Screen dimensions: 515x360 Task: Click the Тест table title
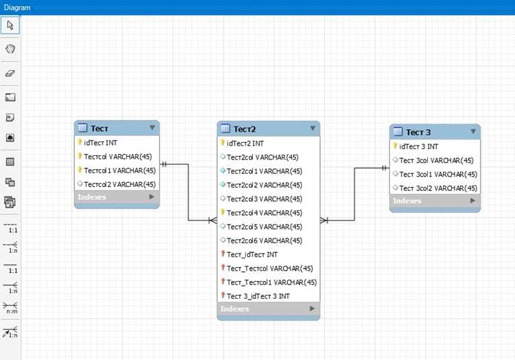tap(99, 128)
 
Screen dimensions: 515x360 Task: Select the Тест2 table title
tap(244, 129)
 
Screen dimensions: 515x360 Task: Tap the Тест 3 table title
tap(418, 133)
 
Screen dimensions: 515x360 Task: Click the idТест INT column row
tap(100, 143)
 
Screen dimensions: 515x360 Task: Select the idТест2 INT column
tap(245, 144)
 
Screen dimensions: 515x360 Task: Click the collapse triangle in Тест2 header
tap(312, 128)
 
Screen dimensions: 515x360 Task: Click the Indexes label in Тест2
tap(235, 308)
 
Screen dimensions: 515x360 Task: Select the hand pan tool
tap(10, 49)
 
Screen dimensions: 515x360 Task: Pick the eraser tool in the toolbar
tap(10, 74)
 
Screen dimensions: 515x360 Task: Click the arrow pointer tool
tap(10, 25)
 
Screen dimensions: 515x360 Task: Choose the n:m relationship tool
tap(10, 308)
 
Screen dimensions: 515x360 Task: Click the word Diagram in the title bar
tap(17, 8)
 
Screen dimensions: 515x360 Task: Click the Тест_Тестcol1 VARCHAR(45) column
tap(272, 282)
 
